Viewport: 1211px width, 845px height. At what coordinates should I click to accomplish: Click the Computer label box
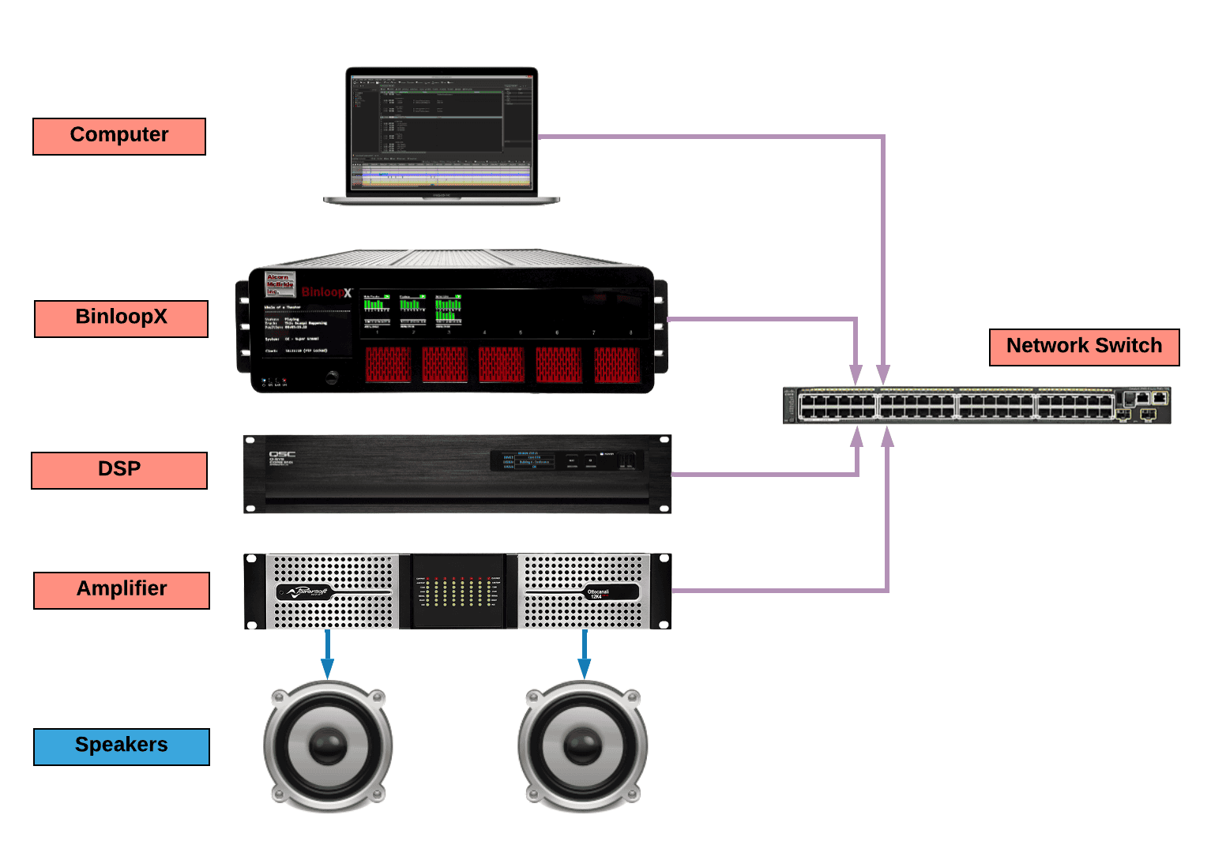(x=119, y=136)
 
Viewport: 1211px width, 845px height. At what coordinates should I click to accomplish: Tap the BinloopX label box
(x=121, y=318)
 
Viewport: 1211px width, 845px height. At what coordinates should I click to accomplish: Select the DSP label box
(x=119, y=470)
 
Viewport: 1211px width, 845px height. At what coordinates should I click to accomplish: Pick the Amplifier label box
(x=122, y=590)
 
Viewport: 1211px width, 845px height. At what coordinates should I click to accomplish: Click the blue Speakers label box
(x=122, y=746)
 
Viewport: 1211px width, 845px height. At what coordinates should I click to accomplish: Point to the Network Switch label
(x=1084, y=347)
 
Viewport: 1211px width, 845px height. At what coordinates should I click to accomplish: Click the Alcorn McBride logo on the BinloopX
(x=280, y=284)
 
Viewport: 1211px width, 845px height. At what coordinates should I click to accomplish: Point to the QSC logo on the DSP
(x=282, y=455)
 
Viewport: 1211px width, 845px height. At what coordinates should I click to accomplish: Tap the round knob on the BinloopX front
(x=332, y=377)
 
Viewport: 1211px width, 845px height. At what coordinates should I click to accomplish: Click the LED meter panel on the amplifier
(x=458, y=591)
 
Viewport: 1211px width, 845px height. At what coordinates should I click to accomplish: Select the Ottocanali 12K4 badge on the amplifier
(x=598, y=592)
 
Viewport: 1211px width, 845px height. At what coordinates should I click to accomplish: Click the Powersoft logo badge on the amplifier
(x=307, y=591)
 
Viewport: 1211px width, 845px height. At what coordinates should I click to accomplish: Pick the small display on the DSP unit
(x=527, y=460)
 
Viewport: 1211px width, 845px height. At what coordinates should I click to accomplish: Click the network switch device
(x=976, y=405)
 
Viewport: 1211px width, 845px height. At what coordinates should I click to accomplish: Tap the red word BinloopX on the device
(x=326, y=292)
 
